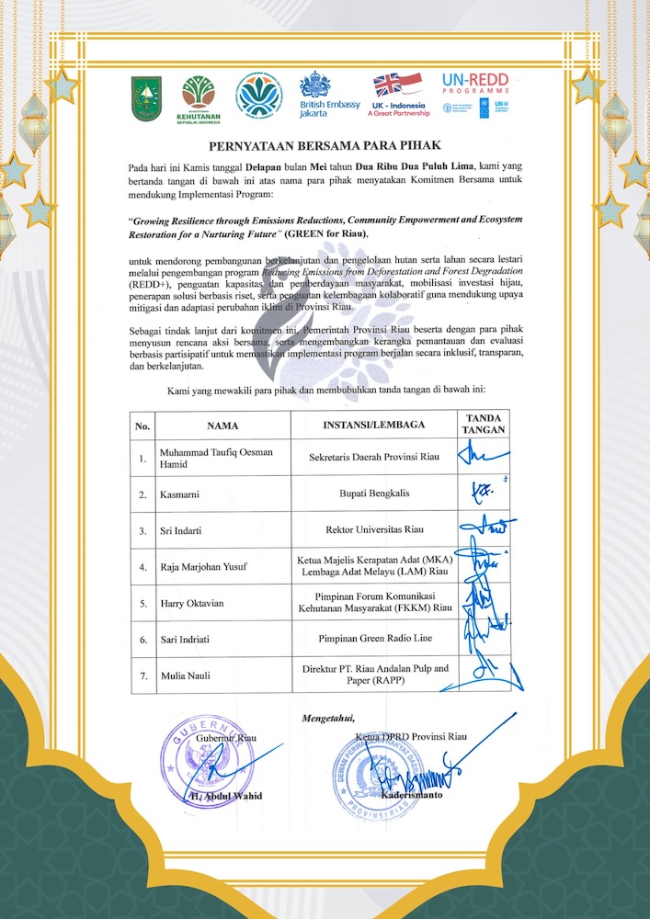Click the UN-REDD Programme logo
[475, 93]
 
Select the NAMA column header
[222, 426]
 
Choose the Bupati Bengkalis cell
[373, 494]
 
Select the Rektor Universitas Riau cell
[373, 530]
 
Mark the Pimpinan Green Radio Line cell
[373, 638]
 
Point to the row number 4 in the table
[142, 567]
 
